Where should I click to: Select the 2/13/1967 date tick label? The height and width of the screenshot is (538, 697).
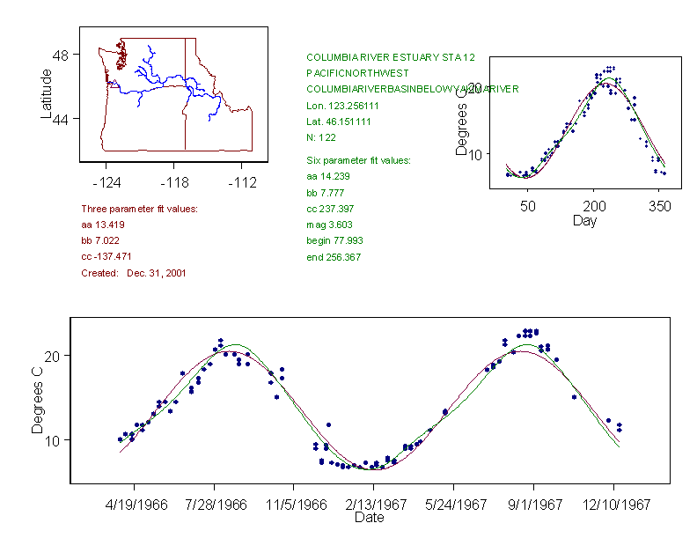373,505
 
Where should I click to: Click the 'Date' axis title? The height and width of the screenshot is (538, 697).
369,518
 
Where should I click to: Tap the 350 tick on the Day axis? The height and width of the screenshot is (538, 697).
660,206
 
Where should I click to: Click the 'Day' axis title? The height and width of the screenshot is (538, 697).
584,220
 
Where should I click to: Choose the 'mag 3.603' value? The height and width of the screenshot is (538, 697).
328,225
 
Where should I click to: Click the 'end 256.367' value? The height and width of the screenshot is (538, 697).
333,257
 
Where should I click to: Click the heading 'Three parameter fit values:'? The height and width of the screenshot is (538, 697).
139,209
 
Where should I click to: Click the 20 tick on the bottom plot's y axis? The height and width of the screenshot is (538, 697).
53,356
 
